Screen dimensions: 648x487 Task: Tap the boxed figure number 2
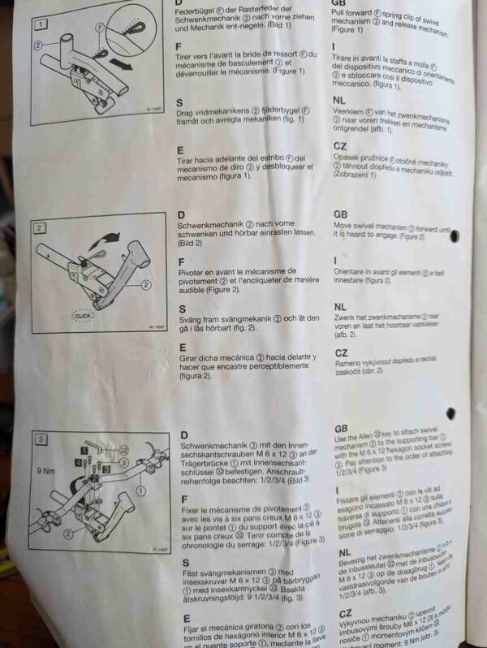coord(38,228)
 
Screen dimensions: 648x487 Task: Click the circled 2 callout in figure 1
coord(38,46)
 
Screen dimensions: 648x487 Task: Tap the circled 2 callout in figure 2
coord(146,285)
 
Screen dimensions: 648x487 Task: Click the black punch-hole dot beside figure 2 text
coord(455,235)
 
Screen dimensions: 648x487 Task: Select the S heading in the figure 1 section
coord(181,102)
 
